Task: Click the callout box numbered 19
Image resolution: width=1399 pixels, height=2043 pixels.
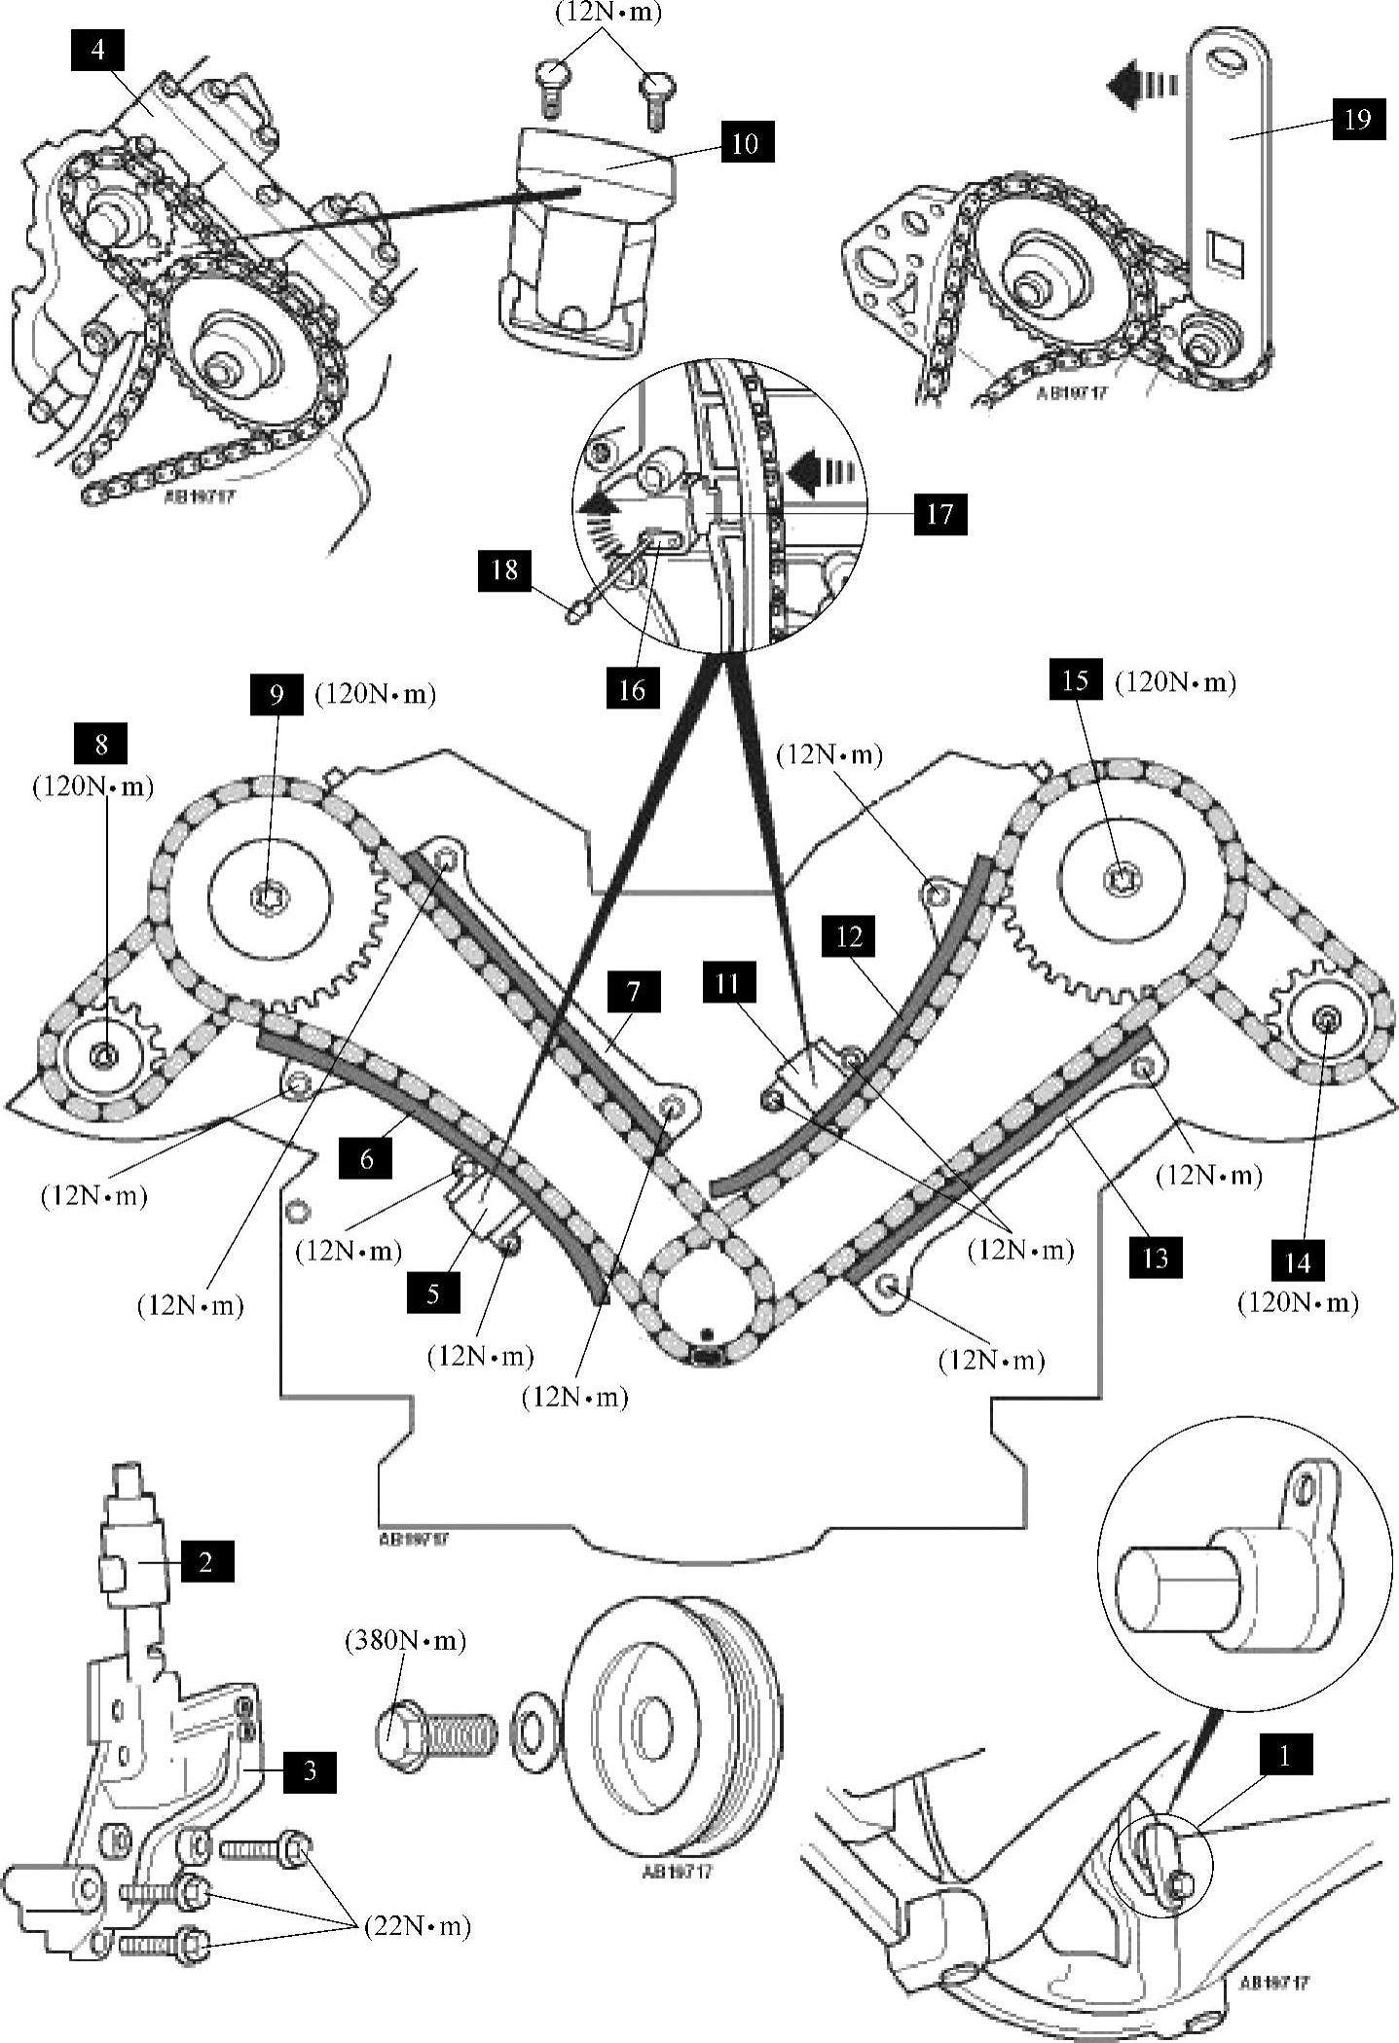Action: tap(1357, 119)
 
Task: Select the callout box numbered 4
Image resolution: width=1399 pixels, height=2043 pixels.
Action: tap(98, 49)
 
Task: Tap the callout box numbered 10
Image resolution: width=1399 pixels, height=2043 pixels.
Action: tap(745, 143)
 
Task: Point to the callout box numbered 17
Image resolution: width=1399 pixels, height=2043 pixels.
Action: tap(939, 513)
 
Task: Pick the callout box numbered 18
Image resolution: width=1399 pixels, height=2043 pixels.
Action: tap(504, 568)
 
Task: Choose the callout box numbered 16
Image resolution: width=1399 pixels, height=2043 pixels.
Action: tap(632, 689)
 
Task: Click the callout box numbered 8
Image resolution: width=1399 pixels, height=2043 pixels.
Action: tap(101, 745)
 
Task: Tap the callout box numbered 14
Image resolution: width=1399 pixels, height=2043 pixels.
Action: tap(1298, 1262)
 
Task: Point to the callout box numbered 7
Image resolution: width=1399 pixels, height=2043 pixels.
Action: tap(634, 992)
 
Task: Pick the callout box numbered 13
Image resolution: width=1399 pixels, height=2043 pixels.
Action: tap(1155, 1258)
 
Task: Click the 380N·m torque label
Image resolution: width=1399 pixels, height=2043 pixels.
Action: tap(406, 1640)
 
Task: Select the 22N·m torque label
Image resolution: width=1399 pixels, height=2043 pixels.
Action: tap(417, 1926)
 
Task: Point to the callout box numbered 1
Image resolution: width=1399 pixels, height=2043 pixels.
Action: tap(1284, 1756)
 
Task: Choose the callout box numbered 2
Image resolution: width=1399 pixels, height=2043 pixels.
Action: tap(205, 1561)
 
